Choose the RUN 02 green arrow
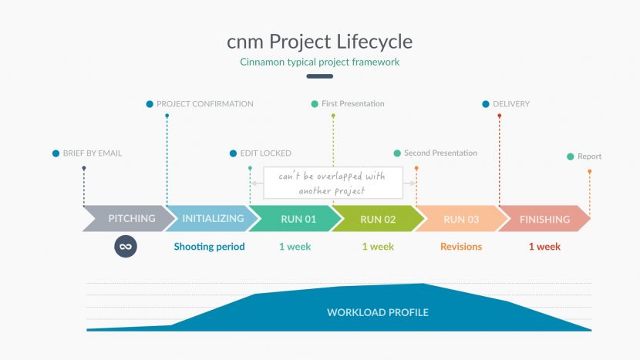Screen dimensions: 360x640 click(x=377, y=219)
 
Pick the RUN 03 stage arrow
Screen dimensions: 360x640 click(x=460, y=219)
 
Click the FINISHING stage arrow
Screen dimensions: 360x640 click(x=544, y=219)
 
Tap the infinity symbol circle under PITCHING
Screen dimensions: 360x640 click(x=126, y=247)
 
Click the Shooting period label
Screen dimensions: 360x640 click(x=209, y=247)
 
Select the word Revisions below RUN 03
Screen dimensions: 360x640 click(x=461, y=247)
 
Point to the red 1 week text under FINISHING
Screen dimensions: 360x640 click(x=544, y=247)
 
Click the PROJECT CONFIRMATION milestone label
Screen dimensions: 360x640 click(x=204, y=104)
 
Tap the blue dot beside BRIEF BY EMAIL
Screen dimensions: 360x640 click(x=56, y=153)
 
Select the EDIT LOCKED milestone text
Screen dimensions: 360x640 click(x=265, y=153)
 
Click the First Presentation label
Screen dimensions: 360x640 click(x=352, y=104)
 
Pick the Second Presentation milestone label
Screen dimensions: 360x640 click(x=440, y=153)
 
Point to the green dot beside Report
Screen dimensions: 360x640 click(x=571, y=156)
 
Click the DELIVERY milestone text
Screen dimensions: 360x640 click(x=511, y=104)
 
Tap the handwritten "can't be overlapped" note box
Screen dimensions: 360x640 click(x=333, y=183)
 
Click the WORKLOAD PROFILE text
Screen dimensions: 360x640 click(x=377, y=312)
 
